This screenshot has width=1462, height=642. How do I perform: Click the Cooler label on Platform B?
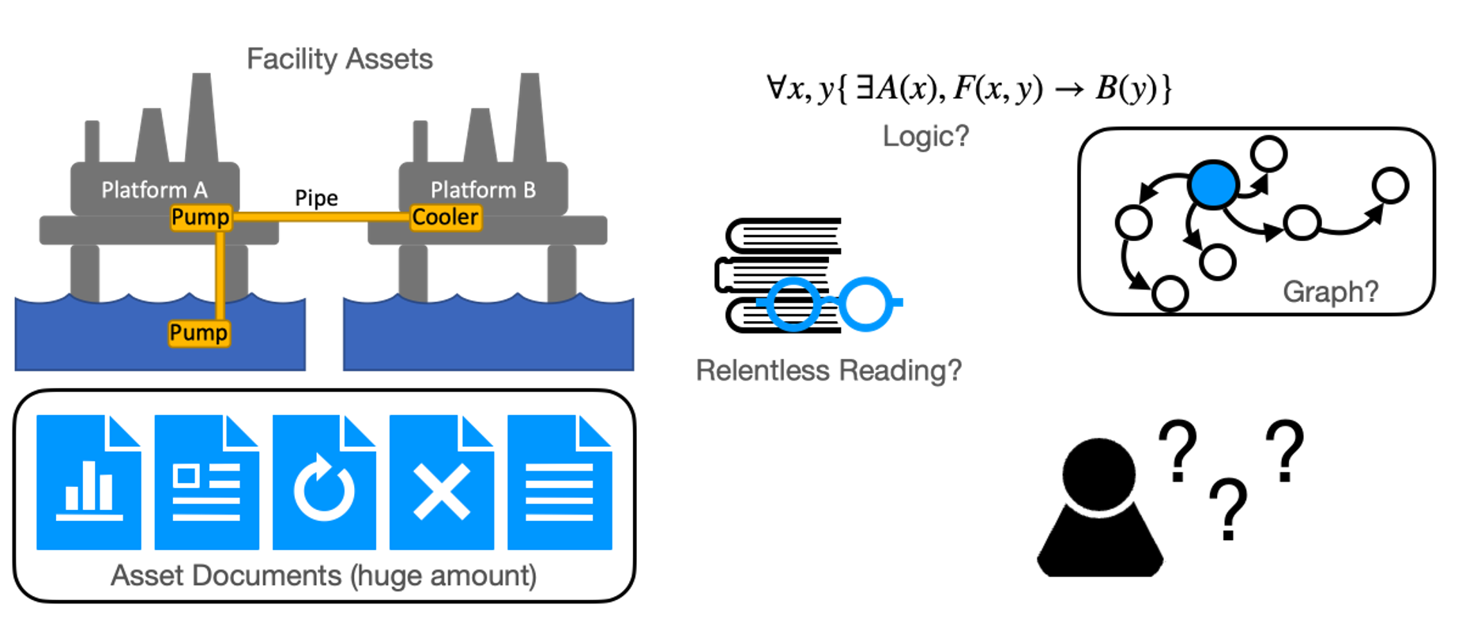click(445, 217)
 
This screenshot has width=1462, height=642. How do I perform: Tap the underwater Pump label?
click(198, 333)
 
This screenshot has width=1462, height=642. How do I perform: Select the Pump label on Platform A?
click(200, 217)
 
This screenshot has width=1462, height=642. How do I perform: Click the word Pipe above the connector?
click(316, 198)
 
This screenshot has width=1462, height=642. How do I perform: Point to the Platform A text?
click(154, 190)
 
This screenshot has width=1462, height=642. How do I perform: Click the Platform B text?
click(483, 190)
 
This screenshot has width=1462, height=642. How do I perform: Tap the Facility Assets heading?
click(339, 59)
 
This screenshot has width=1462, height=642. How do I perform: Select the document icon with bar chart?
click(89, 482)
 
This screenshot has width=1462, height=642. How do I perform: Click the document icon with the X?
click(442, 482)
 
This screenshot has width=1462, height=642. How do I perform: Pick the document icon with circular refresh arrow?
click(324, 482)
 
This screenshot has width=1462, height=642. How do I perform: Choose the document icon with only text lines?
click(560, 482)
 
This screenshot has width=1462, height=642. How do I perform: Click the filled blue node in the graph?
click(1212, 184)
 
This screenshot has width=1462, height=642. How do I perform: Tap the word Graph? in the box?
click(1330, 292)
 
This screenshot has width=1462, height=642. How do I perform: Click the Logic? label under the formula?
click(925, 136)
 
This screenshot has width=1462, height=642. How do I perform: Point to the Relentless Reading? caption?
click(828, 370)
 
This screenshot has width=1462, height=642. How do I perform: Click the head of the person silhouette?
click(1098, 473)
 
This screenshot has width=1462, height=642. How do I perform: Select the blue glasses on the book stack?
click(830, 304)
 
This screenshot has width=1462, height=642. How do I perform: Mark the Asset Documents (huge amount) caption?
click(323, 576)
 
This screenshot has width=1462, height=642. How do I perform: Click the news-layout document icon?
click(206, 482)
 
